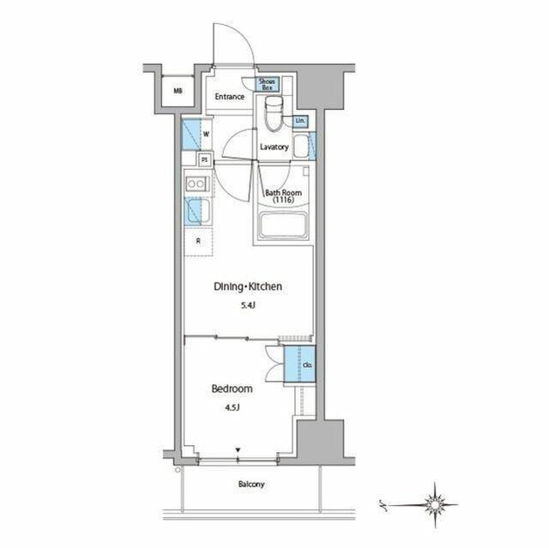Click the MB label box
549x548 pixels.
(178, 90)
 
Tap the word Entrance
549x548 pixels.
(230, 97)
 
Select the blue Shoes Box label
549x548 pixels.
(268, 84)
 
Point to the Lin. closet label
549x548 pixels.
(299, 121)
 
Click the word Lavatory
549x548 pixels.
(274, 147)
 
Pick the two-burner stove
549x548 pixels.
(195, 183)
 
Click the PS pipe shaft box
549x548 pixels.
(204, 160)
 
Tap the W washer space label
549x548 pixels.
(206, 134)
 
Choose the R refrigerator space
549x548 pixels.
(197, 241)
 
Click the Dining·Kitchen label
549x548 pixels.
(248, 287)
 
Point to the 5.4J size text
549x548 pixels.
(248, 304)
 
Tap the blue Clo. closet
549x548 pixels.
(306, 367)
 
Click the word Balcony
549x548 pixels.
(251, 485)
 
